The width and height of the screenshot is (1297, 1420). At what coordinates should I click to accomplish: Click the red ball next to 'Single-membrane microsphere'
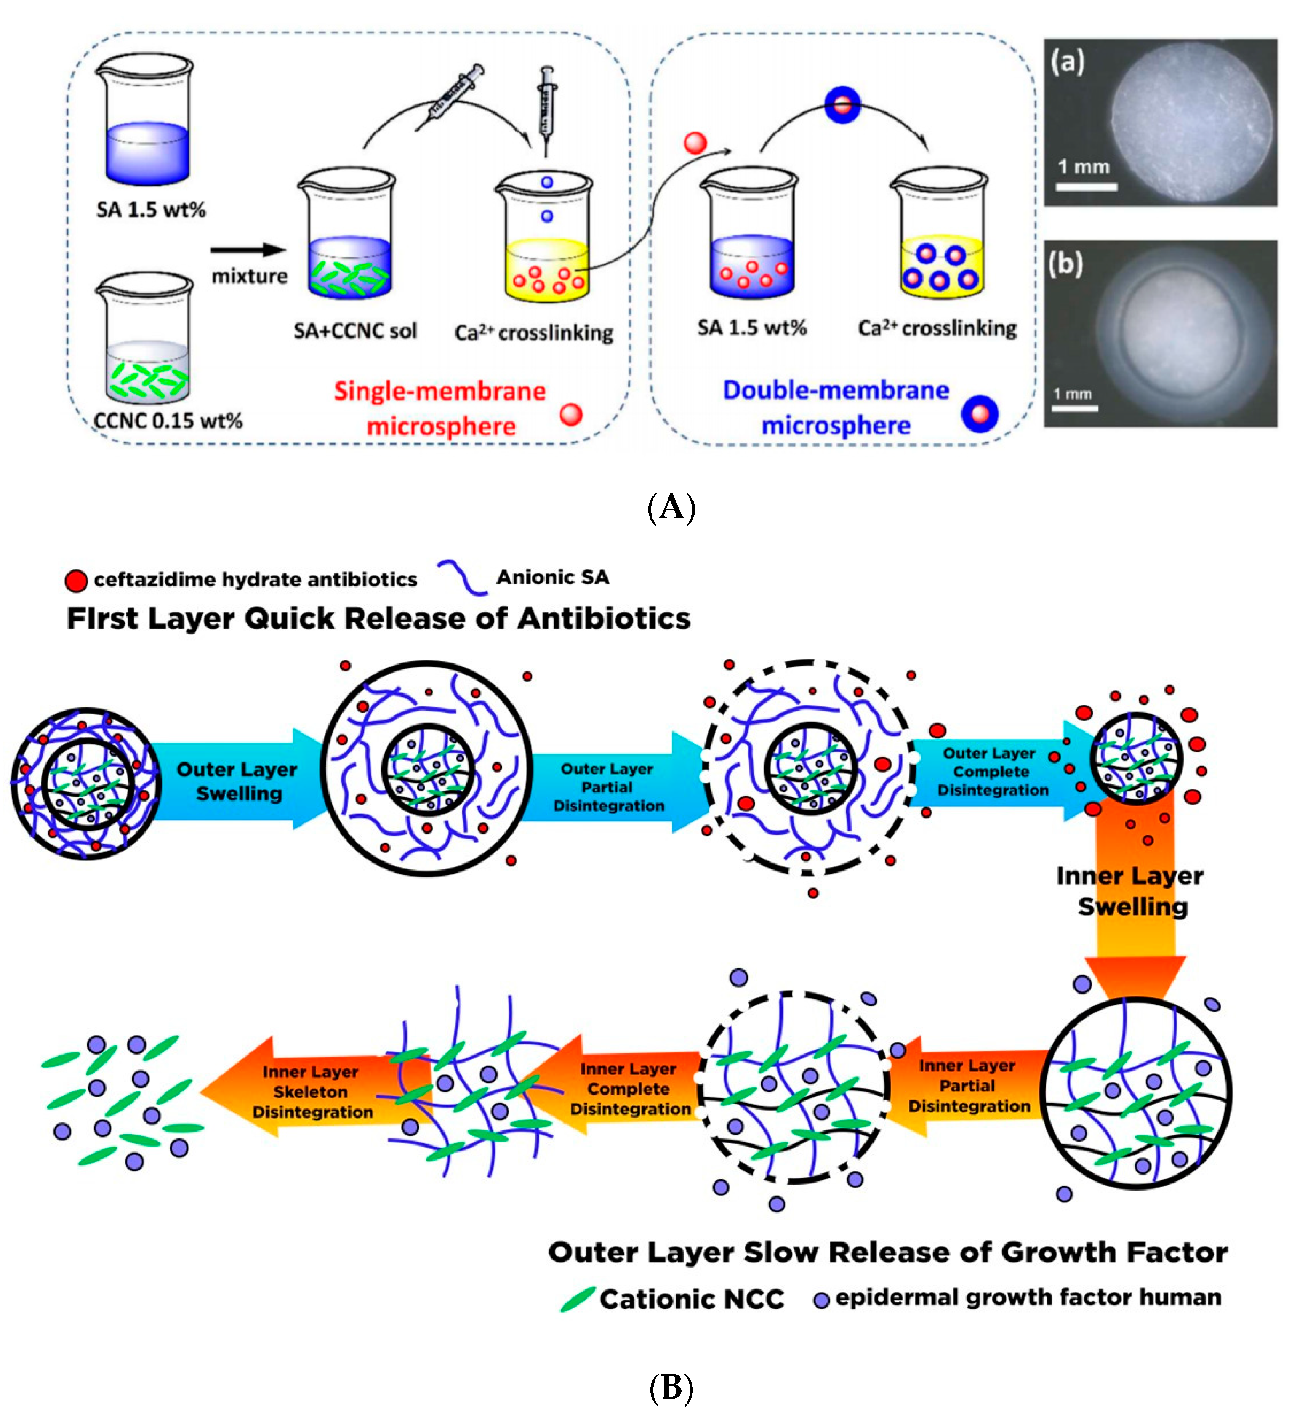[571, 415]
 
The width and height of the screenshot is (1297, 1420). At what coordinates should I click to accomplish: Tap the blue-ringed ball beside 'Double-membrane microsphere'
[979, 414]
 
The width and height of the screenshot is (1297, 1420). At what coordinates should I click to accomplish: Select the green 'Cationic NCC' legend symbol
[577, 1300]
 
